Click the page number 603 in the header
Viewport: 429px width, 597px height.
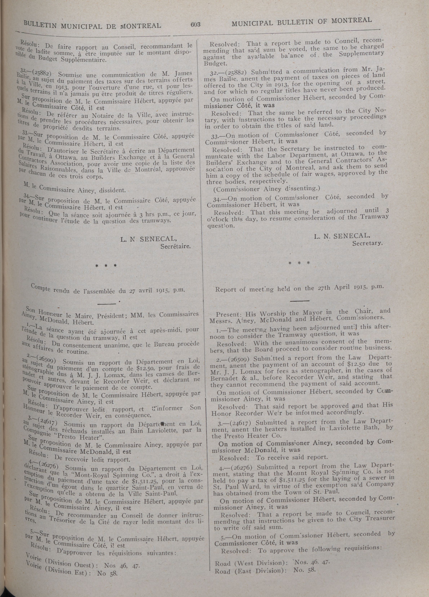point(196,24)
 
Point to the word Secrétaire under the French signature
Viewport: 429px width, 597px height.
point(176,247)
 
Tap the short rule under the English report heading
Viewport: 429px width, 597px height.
point(300,300)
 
